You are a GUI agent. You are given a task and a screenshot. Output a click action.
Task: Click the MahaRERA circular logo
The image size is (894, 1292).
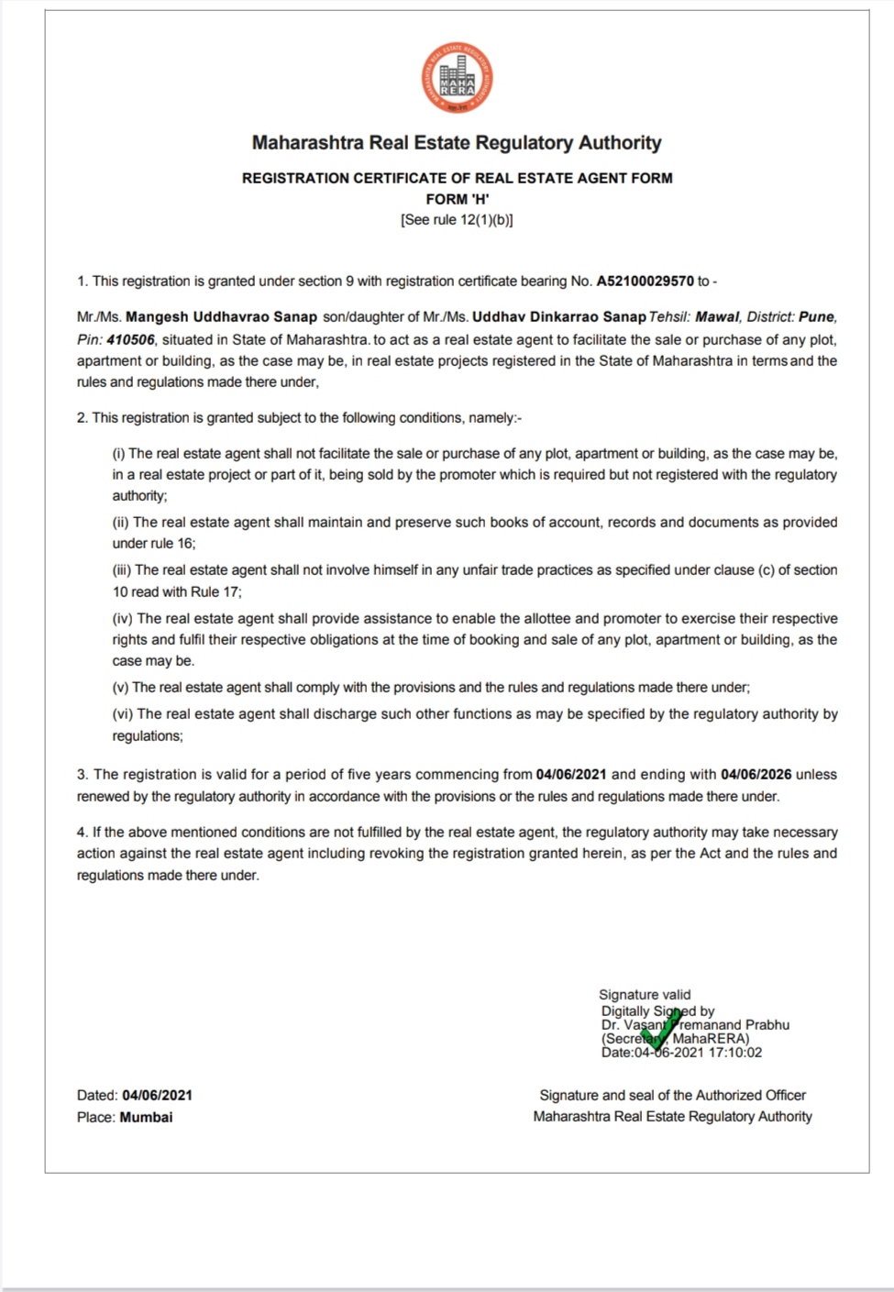click(x=457, y=79)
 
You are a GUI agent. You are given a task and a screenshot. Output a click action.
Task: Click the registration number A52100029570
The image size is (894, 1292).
click(x=645, y=282)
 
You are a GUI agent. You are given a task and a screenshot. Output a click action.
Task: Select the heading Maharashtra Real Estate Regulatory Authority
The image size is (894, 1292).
click(x=457, y=143)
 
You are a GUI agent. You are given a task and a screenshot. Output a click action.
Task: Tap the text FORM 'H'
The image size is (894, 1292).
click(x=457, y=199)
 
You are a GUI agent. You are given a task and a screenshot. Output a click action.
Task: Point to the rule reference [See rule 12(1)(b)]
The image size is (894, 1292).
click(x=457, y=220)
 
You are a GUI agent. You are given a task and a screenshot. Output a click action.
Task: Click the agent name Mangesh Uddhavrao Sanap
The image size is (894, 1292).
click(x=221, y=317)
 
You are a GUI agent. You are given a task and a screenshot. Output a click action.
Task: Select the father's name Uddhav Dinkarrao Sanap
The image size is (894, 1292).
click(x=558, y=317)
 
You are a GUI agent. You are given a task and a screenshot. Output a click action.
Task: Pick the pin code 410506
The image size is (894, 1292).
click(x=130, y=339)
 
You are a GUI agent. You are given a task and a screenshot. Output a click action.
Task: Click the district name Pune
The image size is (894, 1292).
click(x=816, y=317)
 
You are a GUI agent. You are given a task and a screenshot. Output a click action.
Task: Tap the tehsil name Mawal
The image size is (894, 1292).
click(x=716, y=317)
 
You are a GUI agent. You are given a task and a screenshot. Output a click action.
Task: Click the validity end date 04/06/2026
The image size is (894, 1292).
click(x=756, y=775)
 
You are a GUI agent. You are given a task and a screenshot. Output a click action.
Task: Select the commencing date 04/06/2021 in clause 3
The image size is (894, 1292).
click(x=571, y=775)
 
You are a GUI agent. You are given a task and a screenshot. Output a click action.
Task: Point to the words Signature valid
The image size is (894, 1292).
click(x=645, y=995)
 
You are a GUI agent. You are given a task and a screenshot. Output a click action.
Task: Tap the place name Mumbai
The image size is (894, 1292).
click(x=146, y=1118)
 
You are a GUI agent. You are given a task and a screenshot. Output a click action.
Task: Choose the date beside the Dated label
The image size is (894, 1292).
click(x=157, y=1096)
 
